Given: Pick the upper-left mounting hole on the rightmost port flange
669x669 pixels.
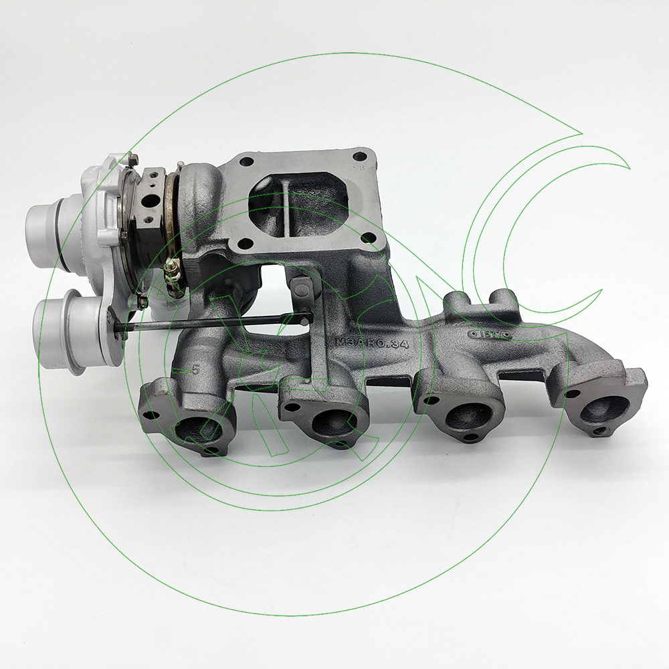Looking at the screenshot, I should [570, 393].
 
